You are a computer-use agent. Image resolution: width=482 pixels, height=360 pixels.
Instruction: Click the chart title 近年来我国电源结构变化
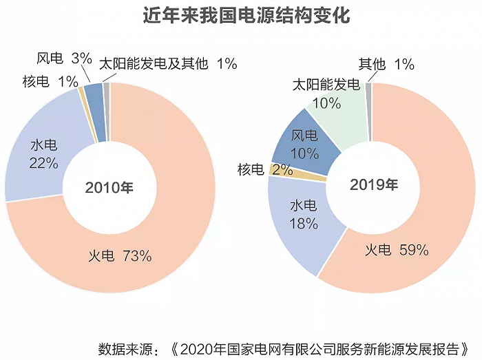coord(240,16)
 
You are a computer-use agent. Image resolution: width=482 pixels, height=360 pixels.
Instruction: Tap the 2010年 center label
coord(109,187)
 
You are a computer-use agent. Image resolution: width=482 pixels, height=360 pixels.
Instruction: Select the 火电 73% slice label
coord(120,256)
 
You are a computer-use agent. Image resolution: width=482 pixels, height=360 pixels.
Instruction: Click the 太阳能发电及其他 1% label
coord(169,64)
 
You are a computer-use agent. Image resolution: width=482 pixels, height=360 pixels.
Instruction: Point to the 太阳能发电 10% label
coord(326,94)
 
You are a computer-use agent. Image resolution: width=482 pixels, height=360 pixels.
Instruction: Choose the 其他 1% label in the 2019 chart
coord(386,65)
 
